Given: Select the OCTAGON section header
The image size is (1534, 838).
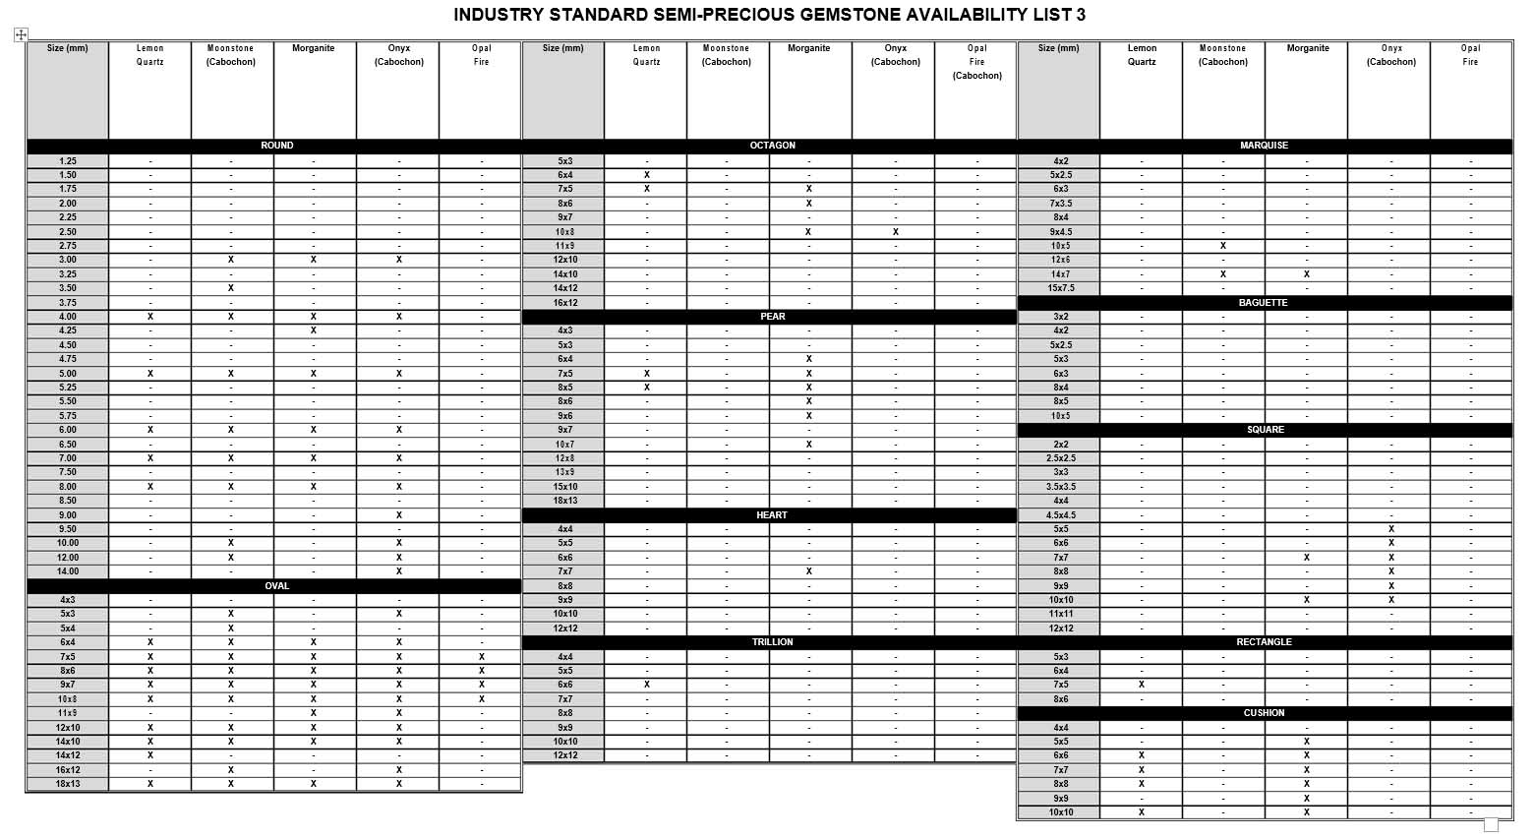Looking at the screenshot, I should (x=772, y=146).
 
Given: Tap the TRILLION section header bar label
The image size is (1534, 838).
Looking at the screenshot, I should (x=772, y=642).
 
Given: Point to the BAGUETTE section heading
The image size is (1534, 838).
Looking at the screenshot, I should (x=1264, y=303).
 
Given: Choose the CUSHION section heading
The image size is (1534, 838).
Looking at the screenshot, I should (x=1264, y=713).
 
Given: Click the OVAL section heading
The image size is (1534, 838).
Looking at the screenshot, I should (x=277, y=586).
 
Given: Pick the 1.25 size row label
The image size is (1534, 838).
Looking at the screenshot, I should (x=68, y=161).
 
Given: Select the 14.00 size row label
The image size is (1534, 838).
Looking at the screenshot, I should (x=68, y=571).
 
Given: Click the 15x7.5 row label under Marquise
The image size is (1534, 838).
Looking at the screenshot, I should (x=1061, y=288).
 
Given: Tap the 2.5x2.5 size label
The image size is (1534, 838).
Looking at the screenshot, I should (x=1061, y=458).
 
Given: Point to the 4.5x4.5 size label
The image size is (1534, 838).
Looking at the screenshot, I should (x=1061, y=515).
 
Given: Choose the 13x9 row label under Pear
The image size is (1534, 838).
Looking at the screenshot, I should (x=565, y=472).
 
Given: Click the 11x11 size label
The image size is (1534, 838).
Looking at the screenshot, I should (x=1061, y=614).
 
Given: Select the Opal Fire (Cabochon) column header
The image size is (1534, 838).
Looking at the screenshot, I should (x=976, y=62).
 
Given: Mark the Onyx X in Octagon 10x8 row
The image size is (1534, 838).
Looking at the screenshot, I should (x=895, y=232).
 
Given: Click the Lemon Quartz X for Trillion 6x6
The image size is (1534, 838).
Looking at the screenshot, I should (x=647, y=685).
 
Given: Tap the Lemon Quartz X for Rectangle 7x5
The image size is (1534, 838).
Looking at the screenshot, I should (x=1142, y=685).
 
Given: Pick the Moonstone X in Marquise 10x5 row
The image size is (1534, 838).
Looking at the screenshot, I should (x=1223, y=246).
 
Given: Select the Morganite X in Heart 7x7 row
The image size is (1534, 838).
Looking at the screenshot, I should (x=808, y=571).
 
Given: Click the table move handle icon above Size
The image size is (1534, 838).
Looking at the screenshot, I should (x=21, y=34).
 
